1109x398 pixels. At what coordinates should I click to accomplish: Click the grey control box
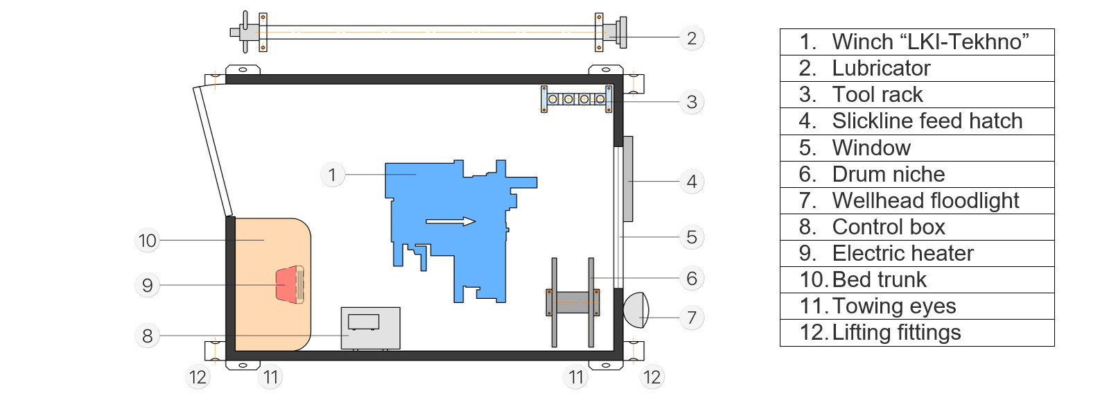point(370,328)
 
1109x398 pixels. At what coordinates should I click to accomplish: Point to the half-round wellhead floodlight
point(636,310)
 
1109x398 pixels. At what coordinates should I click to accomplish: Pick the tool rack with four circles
point(576,99)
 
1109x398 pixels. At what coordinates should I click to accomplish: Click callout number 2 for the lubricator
point(691,37)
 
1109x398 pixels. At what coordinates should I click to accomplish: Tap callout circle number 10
point(147,241)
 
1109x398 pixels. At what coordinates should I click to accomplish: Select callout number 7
point(691,318)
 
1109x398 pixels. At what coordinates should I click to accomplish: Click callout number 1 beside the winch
point(332,174)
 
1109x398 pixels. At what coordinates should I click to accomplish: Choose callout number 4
point(691,182)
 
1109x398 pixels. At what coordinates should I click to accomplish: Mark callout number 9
point(147,285)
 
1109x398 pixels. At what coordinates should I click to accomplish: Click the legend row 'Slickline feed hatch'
point(916,121)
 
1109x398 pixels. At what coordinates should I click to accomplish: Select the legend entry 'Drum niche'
point(916,174)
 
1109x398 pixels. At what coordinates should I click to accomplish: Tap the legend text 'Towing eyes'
point(916,306)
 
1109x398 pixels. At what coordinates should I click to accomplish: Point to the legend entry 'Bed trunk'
point(916,279)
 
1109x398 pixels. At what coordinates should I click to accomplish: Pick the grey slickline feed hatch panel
point(628,179)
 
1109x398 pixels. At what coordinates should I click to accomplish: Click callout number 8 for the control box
point(147,336)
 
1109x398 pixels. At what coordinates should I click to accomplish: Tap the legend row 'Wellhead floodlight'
point(916,200)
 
